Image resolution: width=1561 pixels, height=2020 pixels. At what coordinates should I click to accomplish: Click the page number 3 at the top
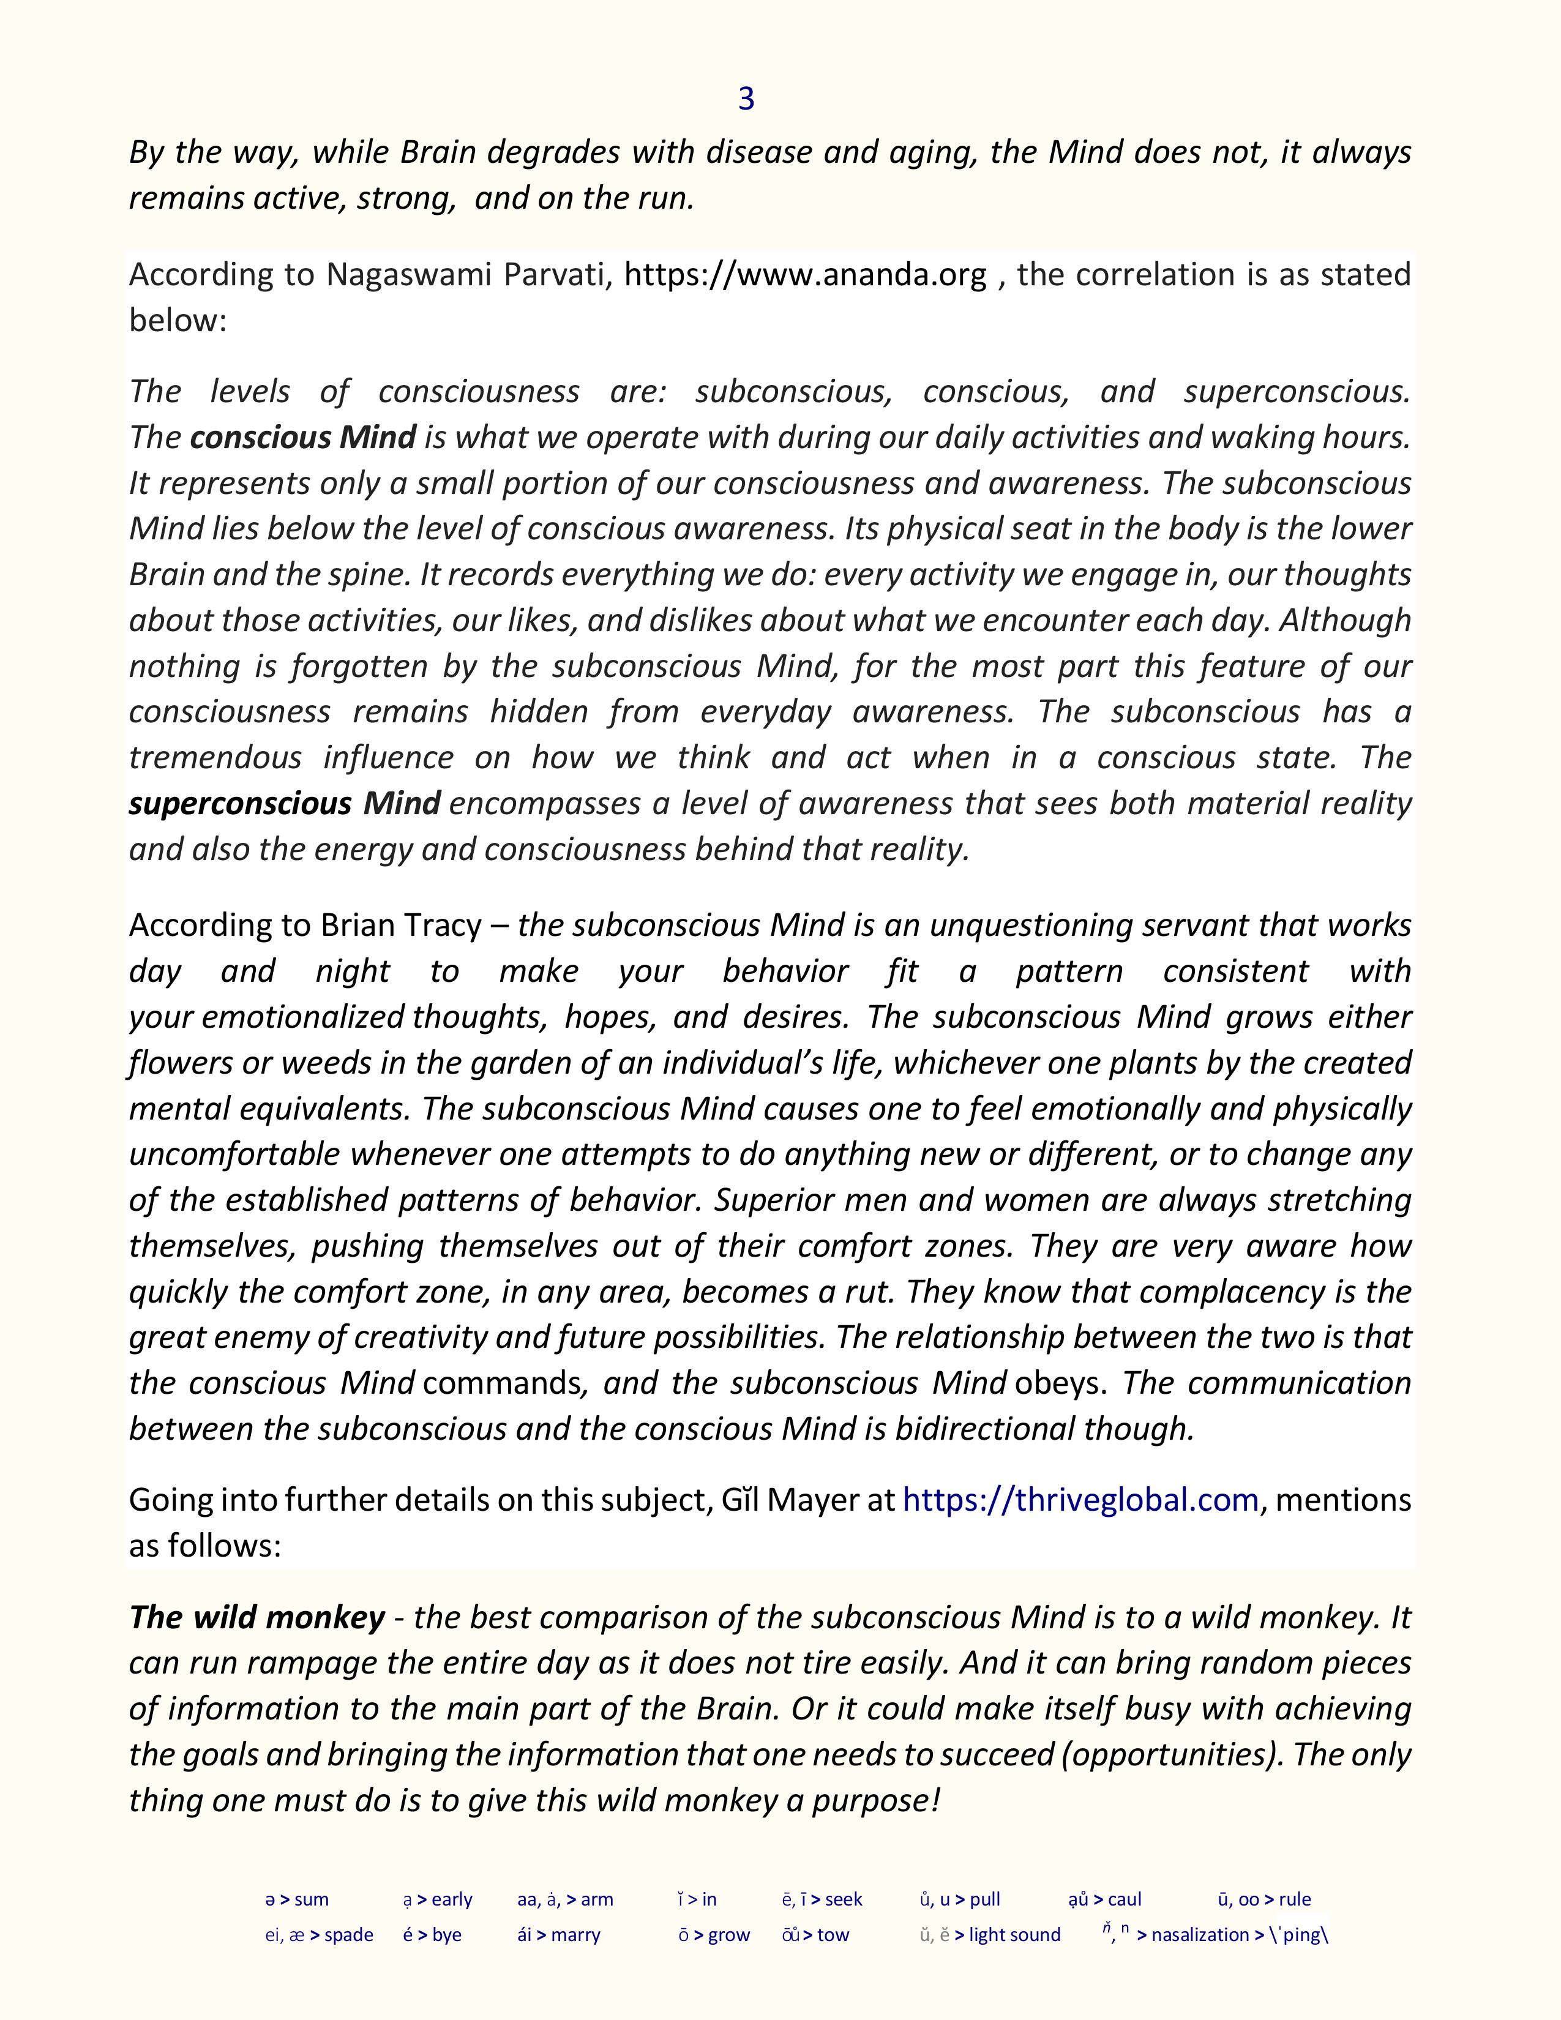pos(746,99)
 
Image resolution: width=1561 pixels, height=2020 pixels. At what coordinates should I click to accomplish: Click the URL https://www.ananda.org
pos(806,275)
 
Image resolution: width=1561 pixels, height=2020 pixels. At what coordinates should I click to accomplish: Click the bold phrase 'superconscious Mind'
pos(284,803)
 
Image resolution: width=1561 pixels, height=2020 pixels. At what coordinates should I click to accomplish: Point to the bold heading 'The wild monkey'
pos(256,1617)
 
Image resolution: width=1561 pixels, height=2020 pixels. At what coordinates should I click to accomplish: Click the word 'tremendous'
pos(214,758)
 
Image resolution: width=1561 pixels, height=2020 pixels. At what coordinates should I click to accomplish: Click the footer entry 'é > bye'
pos(432,1935)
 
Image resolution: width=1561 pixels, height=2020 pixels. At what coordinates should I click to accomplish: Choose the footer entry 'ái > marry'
pos(558,1935)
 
